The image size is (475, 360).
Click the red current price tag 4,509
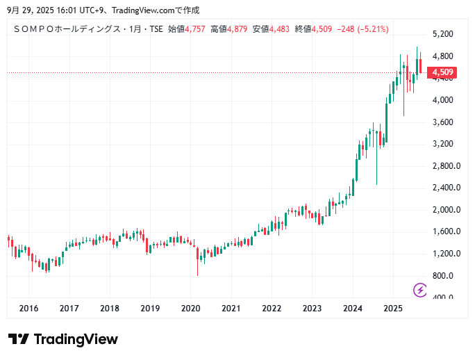tap(442, 72)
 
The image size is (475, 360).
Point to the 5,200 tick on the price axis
tap(442, 34)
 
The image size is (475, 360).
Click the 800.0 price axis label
tap(442, 276)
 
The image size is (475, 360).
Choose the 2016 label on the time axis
tap(28, 309)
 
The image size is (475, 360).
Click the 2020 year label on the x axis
tap(190, 309)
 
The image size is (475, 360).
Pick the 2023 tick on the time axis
tap(312, 309)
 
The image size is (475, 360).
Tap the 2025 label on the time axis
tap(393, 309)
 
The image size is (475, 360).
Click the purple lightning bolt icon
tap(420, 290)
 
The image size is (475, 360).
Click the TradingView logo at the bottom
tap(63, 339)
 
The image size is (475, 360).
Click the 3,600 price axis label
tap(442, 122)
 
